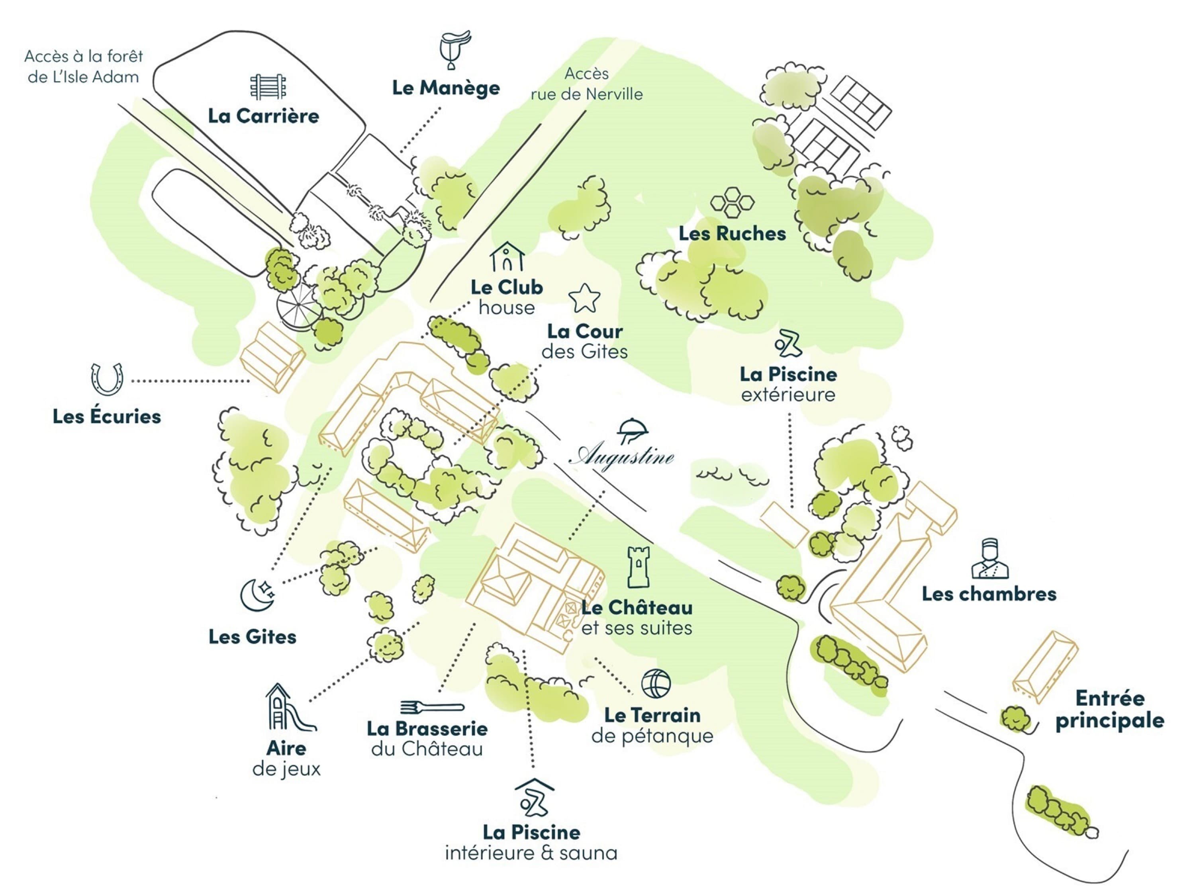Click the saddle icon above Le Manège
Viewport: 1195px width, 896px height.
[454, 50]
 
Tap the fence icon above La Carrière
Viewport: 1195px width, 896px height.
[268, 87]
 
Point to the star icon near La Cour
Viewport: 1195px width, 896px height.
[584, 299]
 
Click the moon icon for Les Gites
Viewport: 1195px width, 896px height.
[257, 595]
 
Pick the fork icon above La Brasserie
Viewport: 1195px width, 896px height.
[432, 706]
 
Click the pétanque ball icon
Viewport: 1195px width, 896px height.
[656, 684]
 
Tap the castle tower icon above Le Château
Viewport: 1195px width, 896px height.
[638, 567]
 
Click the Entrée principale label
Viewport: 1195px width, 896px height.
[1110, 709]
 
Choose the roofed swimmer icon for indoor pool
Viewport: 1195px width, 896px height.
[534, 798]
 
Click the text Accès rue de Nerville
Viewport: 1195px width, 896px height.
[587, 84]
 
